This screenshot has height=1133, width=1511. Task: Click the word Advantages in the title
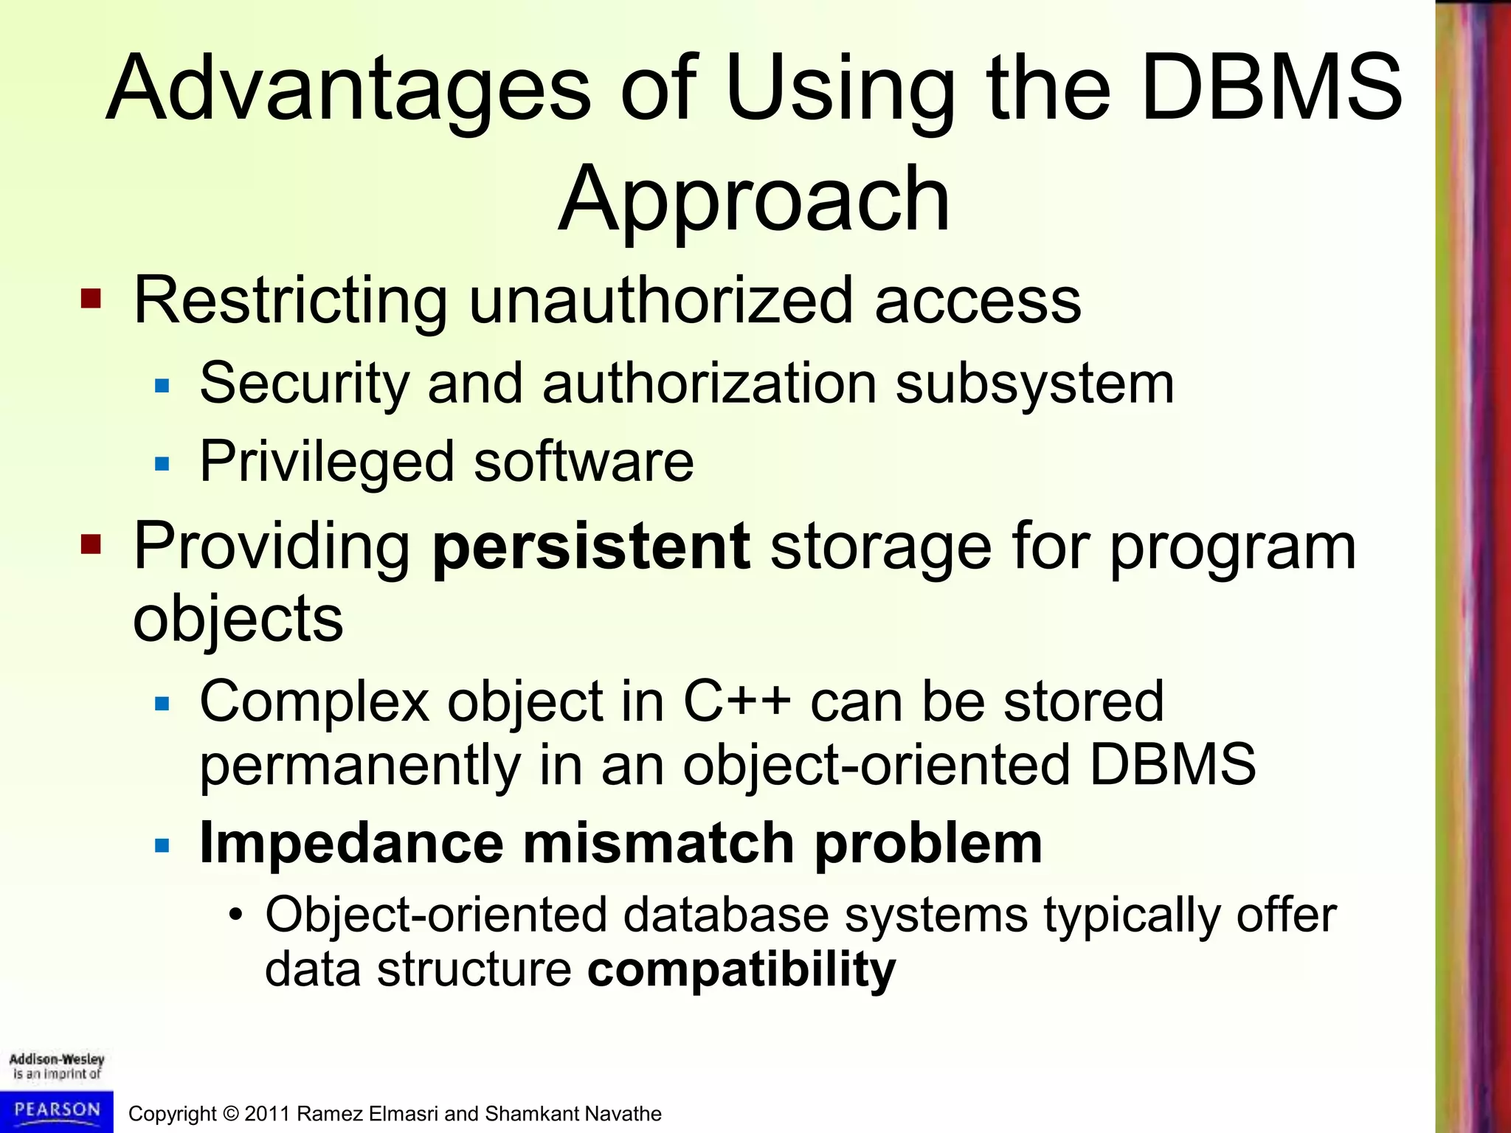coord(347,89)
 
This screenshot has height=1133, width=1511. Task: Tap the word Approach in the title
coord(754,199)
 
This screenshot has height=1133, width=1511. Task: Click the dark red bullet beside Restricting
coord(91,299)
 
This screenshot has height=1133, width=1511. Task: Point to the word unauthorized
coord(660,300)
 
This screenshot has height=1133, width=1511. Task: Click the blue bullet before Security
coord(162,385)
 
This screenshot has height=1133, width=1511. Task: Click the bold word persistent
coord(590,547)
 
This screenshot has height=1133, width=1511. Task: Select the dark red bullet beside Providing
coord(91,545)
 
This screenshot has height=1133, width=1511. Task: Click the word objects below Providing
coord(238,618)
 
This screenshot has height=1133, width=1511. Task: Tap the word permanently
coord(360,765)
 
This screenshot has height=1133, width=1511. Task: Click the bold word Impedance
coord(351,843)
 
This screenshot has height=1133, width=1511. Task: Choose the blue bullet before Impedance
coord(162,845)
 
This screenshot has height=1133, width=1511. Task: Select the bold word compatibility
coord(741,969)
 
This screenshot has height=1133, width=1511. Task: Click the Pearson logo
coord(57,1111)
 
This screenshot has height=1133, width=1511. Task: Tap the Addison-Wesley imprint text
coord(57,1067)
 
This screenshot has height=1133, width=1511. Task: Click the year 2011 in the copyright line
coord(267,1114)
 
